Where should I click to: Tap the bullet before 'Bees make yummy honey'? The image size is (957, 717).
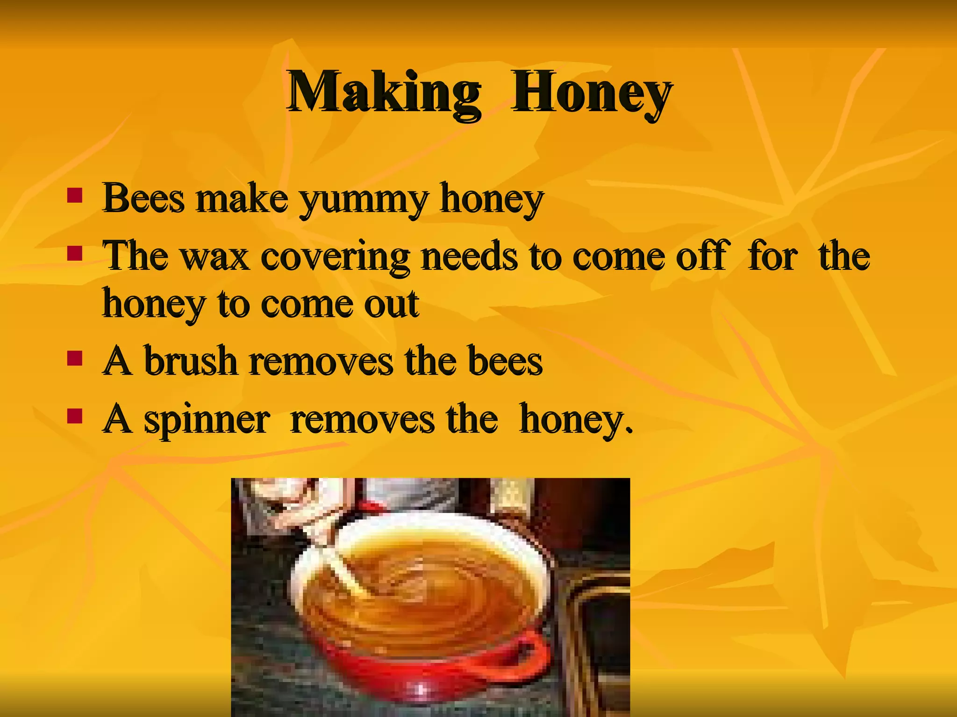[x=75, y=196]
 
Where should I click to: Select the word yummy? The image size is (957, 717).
[x=364, y=200]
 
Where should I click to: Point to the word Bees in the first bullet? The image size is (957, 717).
[x=143, y=198]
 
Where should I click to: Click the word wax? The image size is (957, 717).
[x=215, y=257]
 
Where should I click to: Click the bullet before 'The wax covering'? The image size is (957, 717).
[x=75, y=254]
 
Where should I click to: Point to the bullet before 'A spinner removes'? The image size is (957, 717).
[x=75, y=416]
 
